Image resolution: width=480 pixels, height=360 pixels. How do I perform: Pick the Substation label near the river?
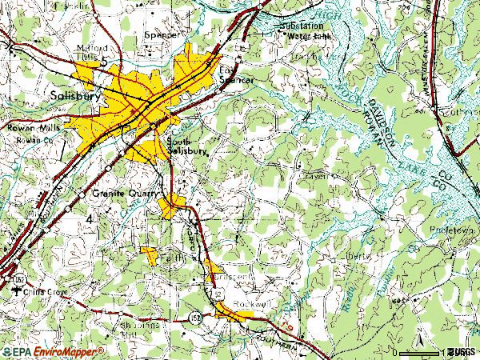[302, 26]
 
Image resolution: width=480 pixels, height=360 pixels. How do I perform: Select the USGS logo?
[462, 352]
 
